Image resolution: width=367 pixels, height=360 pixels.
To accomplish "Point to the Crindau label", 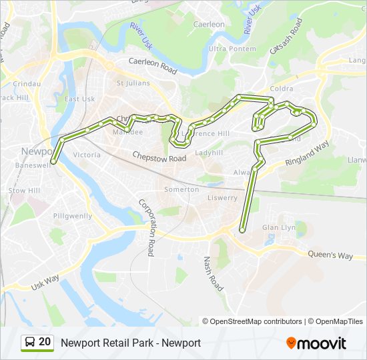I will click(27, 84).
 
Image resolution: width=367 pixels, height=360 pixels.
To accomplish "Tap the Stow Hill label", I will click(25, 191).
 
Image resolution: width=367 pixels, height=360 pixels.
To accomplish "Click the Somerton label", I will click(181, 189).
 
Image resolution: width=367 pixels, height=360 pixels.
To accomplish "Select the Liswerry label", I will click(222, 197).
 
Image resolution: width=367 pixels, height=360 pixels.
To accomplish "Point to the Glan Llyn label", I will click(279, 227).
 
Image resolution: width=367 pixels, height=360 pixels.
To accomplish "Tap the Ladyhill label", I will click(209, 153).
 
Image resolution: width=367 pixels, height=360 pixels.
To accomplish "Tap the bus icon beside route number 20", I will click(30, 342).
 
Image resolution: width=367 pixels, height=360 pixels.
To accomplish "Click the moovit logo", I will click(316, 343).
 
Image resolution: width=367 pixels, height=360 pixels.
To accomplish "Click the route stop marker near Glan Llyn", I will click(242, 230).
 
